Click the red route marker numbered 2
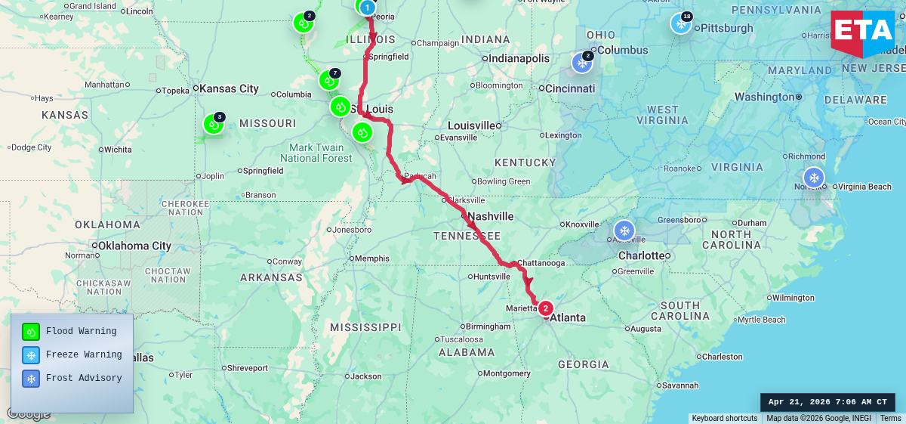coord(545,308)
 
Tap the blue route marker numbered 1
coord(367,8)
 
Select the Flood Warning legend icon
coord(31,331)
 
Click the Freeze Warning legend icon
coord(31,354)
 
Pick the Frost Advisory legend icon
coord(31,378)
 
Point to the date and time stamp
coord(827,402)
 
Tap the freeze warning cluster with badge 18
coord(681,23)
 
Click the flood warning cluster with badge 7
coord(328,79)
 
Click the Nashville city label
coord(491,217)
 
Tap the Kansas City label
coord(229,88)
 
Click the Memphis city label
coord(371,258)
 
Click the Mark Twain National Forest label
coord(316,153)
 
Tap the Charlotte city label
coord(641,255)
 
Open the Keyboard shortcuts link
coord(725,418)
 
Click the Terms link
coord(891,418)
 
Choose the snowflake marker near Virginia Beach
coord(814,178)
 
